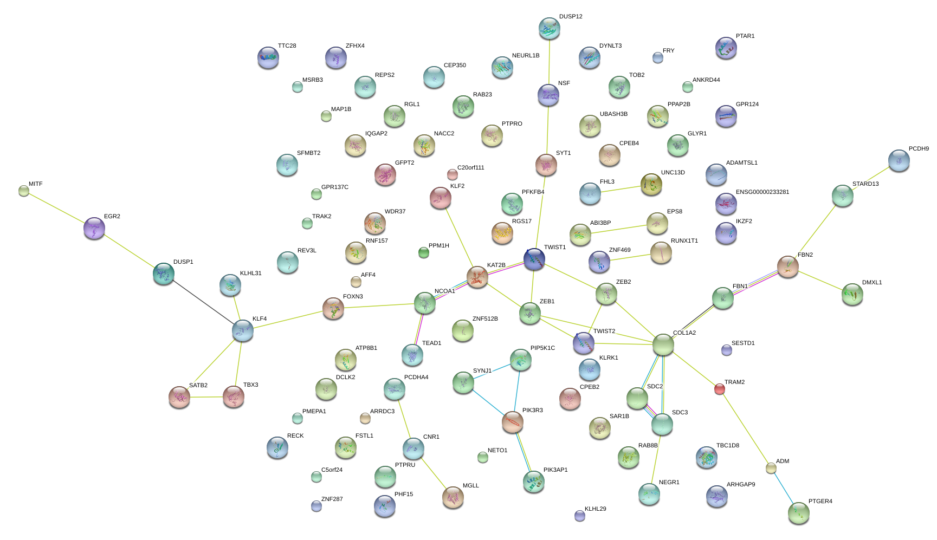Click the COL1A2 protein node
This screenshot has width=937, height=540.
[663, 344]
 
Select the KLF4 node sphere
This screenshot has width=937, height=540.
[242, 330]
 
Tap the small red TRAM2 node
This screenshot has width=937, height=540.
[719, 388]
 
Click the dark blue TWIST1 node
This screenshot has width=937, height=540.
[534, 259]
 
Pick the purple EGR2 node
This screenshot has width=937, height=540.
[94, 228]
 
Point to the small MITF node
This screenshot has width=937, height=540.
[24, 191]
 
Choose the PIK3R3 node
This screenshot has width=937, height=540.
[512, 422]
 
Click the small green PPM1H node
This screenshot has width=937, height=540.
[424, 252]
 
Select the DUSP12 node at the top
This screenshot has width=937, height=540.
[550, 28]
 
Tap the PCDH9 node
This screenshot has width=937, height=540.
[899, 160]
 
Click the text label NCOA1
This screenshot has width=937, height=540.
[444, 291]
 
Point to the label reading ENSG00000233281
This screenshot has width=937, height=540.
[762, 192]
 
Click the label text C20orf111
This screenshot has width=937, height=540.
[470, 168]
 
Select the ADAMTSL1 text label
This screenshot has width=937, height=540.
[741, 163]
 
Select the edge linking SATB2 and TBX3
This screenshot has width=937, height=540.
[206, 397]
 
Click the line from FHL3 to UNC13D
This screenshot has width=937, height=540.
[621, 189]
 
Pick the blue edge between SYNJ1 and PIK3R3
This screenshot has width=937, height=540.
[487, 401]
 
